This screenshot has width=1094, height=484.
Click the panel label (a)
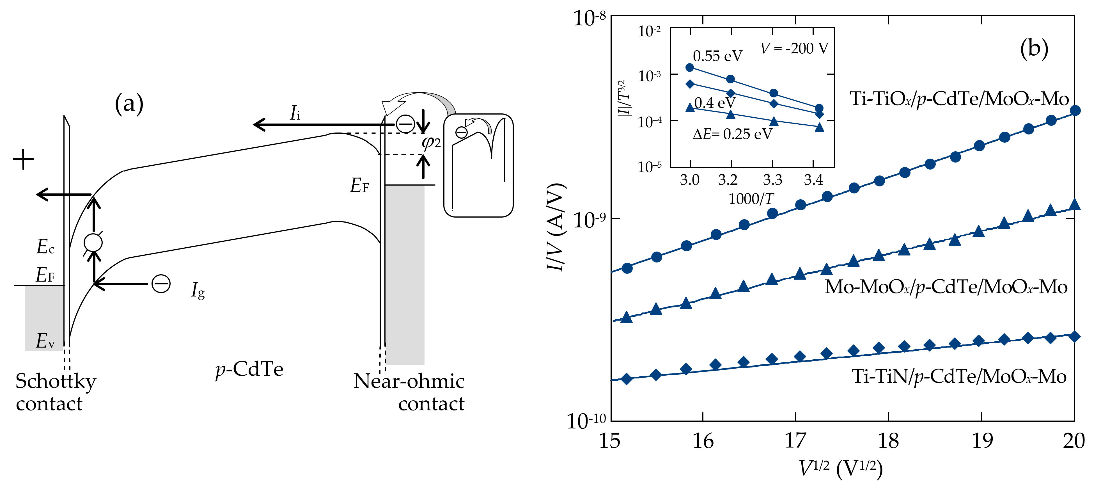tap(129, 103)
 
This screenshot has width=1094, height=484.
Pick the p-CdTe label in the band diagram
tap(249, 369)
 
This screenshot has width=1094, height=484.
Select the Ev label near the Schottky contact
tap(45, 341)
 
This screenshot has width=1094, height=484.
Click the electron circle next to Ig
tap(161, 284)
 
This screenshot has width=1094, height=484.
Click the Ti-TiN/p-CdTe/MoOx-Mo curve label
tap(959, 376)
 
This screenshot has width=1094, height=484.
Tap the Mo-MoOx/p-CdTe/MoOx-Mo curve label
tap(946, 287)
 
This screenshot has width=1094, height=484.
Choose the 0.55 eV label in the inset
tap(717, 56)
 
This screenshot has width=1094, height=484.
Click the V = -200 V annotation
tap(794, 49)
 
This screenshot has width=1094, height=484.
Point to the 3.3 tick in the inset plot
tap(772, 180)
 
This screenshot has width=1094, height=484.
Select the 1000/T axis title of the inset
tap(751, 198)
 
